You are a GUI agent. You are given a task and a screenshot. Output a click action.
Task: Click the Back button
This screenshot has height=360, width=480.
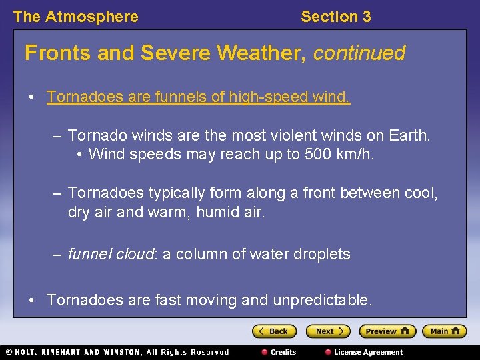pos(274,331)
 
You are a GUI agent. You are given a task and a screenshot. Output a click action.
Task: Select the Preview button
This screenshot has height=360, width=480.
pos(387,331)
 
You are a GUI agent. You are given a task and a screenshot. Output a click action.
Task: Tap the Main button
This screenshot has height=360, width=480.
pos(444,331)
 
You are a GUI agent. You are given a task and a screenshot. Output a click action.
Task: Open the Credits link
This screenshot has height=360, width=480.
pos(283,352)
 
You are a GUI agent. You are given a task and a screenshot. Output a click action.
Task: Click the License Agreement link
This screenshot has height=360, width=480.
pos(368,352)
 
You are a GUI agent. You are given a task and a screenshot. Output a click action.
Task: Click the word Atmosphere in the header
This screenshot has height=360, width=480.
pos(91,17)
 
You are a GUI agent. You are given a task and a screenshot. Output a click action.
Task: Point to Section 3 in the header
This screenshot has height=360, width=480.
pos(335,17)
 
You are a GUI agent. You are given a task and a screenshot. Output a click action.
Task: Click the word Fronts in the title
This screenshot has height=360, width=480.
pos(58,53)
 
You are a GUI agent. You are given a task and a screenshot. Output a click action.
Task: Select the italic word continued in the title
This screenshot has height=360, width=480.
pos(359,53)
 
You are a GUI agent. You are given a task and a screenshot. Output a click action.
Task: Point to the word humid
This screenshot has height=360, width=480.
pos(212,213)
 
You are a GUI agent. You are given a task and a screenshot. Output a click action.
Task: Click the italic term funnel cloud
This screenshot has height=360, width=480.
pos(111,254)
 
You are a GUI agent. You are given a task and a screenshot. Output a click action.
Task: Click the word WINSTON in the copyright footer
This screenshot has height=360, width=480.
pos(121,352)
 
